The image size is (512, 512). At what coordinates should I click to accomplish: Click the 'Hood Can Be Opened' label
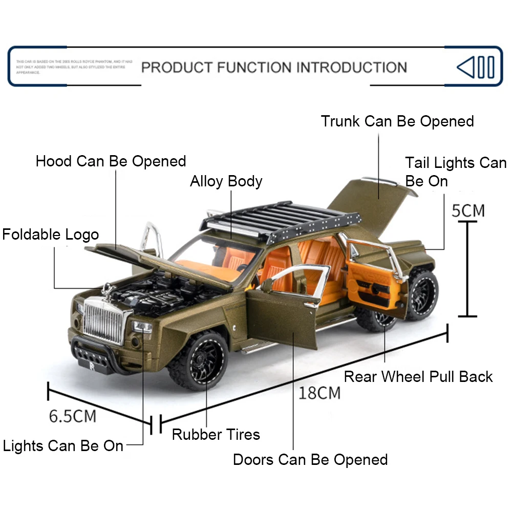coord(111,161)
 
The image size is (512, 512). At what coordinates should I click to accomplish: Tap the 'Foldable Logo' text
coord(50,235)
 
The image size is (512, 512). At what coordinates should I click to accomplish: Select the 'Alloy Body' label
coord(226,181)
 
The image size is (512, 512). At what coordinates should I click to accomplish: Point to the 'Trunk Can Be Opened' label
coord(397,121)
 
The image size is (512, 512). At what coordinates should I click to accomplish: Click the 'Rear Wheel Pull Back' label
coord(418,377)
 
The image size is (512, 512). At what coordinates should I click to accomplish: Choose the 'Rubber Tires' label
coord(216,435)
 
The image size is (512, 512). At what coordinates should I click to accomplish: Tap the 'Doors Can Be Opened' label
coord(310,459)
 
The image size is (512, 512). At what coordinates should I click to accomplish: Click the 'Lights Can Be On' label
coord(63,445)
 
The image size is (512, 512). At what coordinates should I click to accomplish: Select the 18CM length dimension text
coord(319,393)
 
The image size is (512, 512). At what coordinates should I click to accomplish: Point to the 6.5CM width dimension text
coord(72,416)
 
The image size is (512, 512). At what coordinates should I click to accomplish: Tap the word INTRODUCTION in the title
coord(352,67)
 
